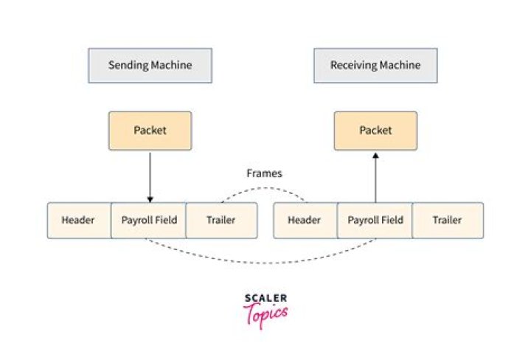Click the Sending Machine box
pos(150,65)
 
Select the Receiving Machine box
pos(375,65)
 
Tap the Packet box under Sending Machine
pos(150,131)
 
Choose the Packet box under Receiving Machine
pos(375,131)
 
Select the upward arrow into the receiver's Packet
pos(375,177)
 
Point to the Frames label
pos(264,174)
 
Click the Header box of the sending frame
pos(78,220)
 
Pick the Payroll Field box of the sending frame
pos(149,220)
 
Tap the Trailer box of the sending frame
pos(221,220)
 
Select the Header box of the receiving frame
pos(304,220)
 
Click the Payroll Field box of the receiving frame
pos(375,220)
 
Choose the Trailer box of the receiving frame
pos(447,220)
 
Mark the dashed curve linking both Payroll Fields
pos(262,262)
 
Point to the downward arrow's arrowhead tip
pos(150,201)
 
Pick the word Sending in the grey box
pos(126,65)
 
